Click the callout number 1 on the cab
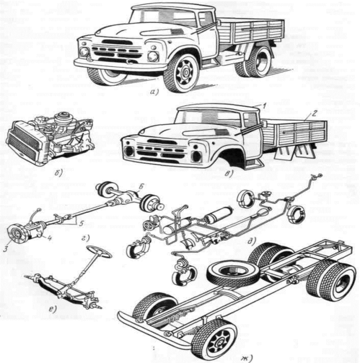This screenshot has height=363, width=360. [260, 105]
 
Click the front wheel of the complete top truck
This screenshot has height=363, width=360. [181, 73]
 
